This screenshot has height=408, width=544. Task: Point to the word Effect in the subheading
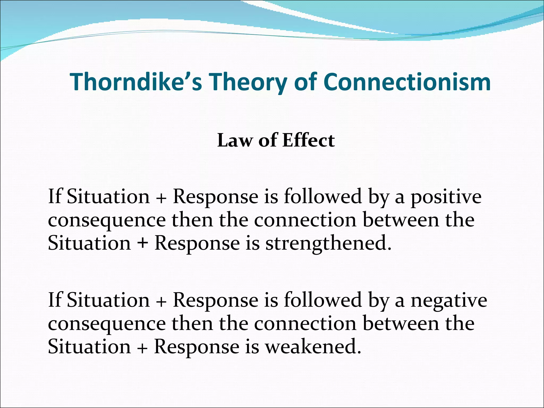coord(308,140)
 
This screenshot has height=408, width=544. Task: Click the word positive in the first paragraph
coord(446,197)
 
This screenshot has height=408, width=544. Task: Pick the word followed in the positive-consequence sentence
coord(323,197)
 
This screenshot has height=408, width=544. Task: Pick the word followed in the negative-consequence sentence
coord(323,300)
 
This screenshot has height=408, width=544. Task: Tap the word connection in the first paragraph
coord(305,220)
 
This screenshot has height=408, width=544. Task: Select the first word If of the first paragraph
coord(55,197)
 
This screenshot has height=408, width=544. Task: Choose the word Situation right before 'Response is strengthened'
coord(90,243)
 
